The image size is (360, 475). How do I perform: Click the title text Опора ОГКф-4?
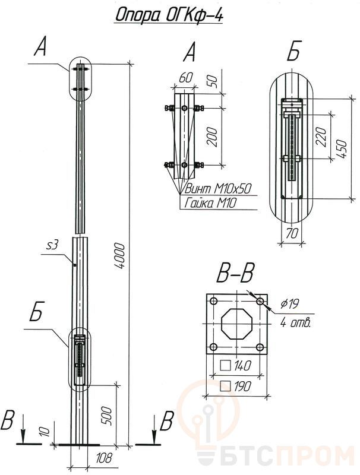[x=169, y=15]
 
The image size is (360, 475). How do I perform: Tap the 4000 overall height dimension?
[x=119, y=256]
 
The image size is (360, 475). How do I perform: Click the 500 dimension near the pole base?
[x=107, y=416]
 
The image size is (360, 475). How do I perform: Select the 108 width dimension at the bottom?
[x=103, y=458]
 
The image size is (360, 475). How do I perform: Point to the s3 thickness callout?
[x=52, y=245]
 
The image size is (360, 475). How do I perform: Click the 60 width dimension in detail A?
[x=185, y=78]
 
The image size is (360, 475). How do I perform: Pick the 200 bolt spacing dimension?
[x=213, y=137]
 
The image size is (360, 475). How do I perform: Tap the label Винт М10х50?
[x=218, y=189]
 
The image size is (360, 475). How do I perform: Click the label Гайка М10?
[x=210, y=202]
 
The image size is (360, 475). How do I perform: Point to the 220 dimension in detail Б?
[x=322, y=137]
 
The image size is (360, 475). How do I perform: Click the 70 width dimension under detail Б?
[x=292, y=233]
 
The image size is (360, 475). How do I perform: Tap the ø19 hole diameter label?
[x=290, y=303]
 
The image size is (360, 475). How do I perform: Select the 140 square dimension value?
[x=242, y=366]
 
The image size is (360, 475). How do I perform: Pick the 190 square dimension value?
[x=242, y=386]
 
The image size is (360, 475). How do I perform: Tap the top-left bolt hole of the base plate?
[x=213, y=301]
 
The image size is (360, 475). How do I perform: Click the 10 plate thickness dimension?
[x=44, y=432]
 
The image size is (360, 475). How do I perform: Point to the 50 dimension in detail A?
[x=213, y=81]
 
